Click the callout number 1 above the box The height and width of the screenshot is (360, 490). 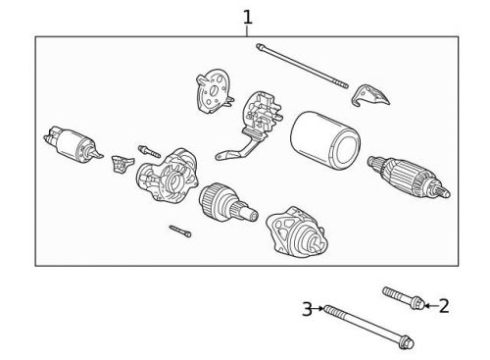click(x=247, y=17)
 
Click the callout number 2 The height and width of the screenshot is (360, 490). click(x=443, y=306)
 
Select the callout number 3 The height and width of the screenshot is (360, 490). click(x=307, y=310)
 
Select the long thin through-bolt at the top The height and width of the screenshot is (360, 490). click(x=303, y=67)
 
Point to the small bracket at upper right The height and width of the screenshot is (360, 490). click(x=373, y=94)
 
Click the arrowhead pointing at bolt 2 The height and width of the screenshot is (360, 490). click(x=428, y=306)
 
